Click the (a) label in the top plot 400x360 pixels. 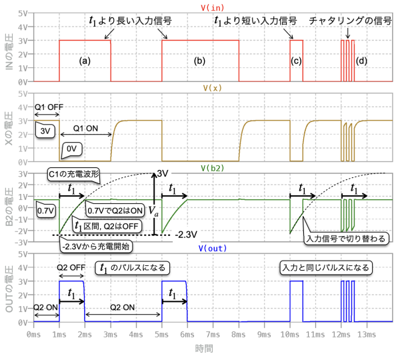pyautogui.click(x=85, y=61)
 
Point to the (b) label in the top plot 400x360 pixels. pyautogui.click(x=199, y=61)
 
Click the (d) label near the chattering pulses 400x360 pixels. pyautogui.click(x=361, y=61)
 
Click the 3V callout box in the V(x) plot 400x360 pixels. pyautogui.click(x=46, y=131)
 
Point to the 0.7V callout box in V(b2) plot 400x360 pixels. pyautogui.click(x=45, y=211)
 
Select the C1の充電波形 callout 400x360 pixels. pyautogui.click(x=75, y=175)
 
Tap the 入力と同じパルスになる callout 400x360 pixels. pyautogui.click(x=326, y=267)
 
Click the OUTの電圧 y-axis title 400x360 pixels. pyautogui.click(x=10, y=291)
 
